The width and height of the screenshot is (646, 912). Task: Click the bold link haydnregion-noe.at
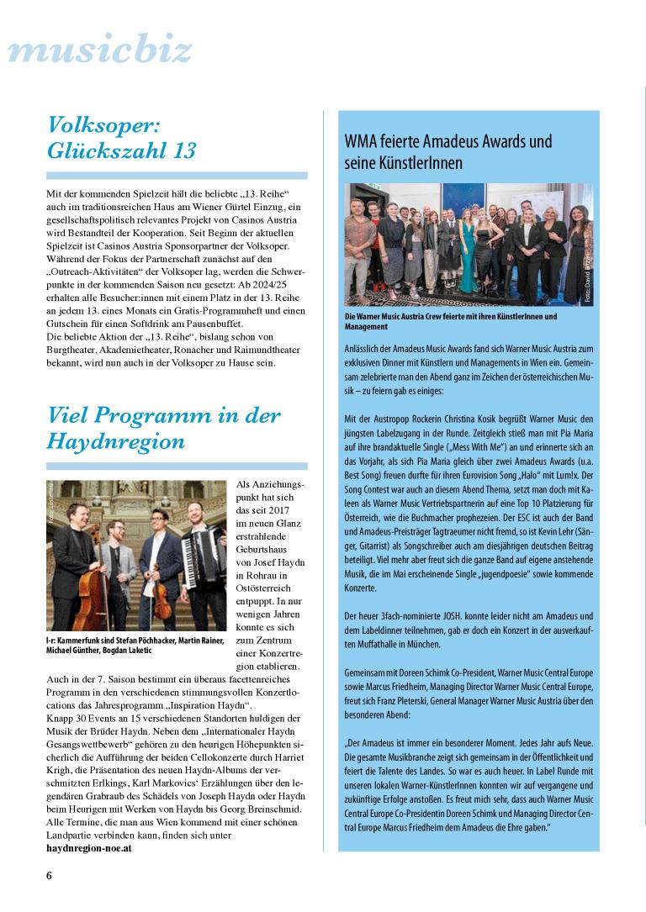88,848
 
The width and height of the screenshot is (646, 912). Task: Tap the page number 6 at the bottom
50,876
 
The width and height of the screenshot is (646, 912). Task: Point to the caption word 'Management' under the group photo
366,326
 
